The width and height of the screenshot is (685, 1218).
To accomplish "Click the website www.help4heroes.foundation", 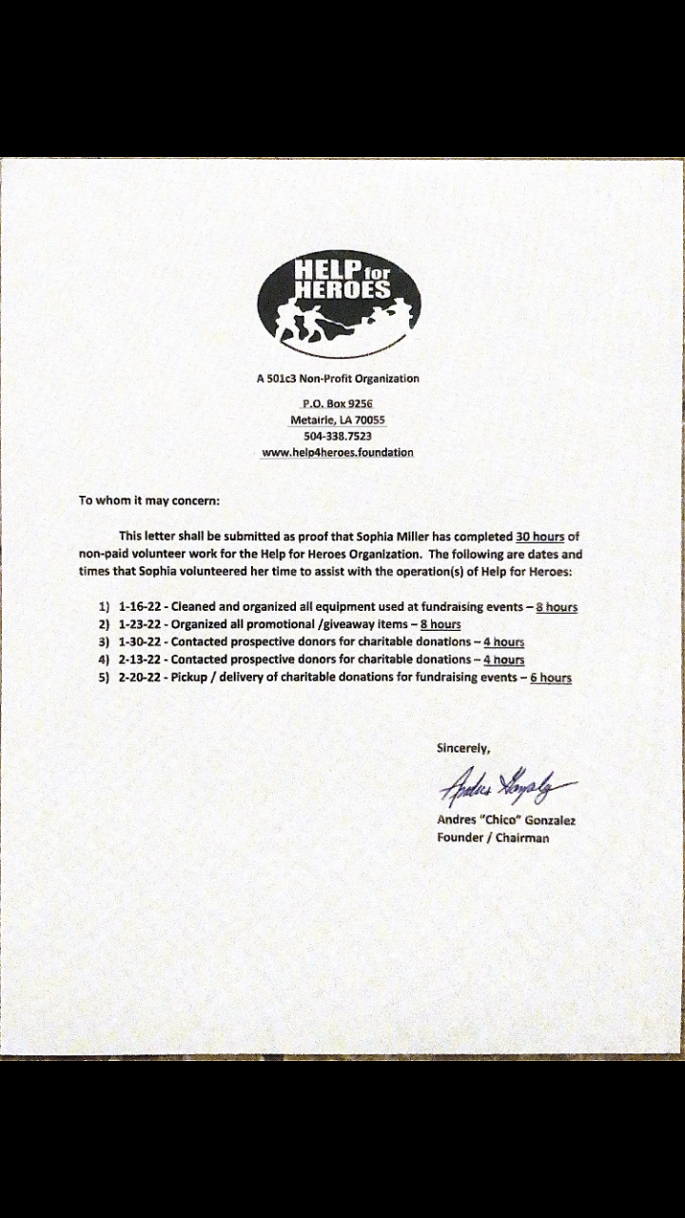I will tap(338, 453).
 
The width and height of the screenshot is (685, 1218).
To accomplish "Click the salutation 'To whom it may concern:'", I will tap(149, 500).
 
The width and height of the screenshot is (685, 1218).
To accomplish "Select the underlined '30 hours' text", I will tap(540, 537).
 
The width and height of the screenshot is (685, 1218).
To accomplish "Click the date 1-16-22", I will tap(141, 606).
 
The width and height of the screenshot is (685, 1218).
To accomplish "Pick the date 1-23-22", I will tap(141, 624).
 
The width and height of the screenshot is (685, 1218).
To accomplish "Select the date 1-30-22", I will tap(141, 642).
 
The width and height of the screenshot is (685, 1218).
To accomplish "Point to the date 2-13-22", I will tap(141, 659).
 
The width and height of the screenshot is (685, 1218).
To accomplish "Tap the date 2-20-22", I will tap(141, 678).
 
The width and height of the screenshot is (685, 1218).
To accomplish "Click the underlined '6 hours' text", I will tap(551, 678).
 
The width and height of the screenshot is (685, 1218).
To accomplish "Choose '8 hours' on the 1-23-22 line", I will tap(440, 624).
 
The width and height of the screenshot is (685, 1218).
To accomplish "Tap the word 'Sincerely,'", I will tap(463, 748).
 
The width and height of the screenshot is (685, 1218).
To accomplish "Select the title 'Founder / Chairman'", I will tap(493, 837).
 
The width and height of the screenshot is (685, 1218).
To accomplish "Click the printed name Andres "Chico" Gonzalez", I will tap(506, 819).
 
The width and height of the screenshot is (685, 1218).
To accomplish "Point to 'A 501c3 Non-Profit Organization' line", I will tap(338, 379).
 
